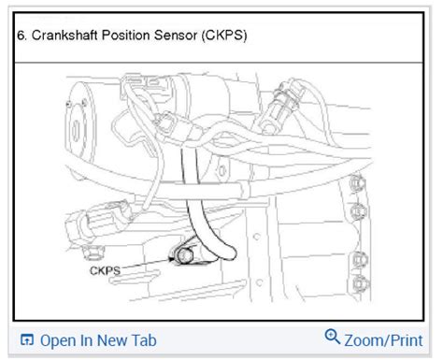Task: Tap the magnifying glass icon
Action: (x=330, y=338)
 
